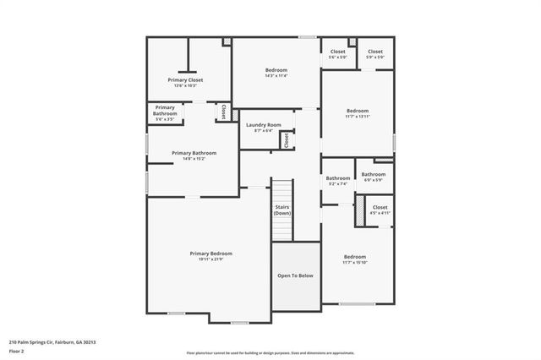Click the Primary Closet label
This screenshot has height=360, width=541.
186,80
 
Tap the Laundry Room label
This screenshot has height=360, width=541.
264,125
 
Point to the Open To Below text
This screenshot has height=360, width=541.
296,275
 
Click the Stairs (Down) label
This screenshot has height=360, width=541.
282,210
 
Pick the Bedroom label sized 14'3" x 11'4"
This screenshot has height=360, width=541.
276,70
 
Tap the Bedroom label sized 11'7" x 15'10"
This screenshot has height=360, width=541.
355,257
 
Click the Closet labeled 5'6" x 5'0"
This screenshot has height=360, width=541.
337,52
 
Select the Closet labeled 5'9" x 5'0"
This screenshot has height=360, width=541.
375,52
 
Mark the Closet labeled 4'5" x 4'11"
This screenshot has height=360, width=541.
380,207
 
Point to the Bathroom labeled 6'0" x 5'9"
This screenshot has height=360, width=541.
374,175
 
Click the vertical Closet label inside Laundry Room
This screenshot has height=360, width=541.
286,139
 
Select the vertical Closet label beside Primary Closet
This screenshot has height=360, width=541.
223,112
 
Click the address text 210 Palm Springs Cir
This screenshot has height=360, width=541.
52,342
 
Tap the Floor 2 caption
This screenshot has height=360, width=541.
16,351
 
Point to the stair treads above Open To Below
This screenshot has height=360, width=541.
282,191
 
